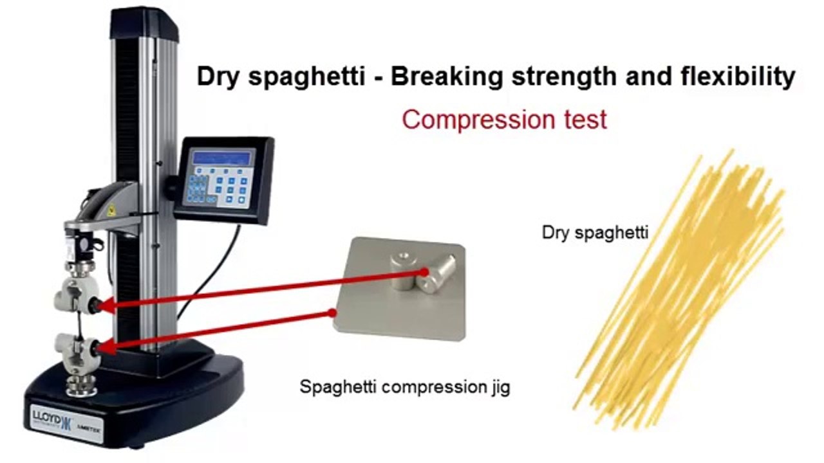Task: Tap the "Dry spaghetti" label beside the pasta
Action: point(595,233)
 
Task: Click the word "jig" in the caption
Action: point(498,388)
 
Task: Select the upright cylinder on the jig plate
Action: point(402,270)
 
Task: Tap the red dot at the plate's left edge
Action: point(332,313)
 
